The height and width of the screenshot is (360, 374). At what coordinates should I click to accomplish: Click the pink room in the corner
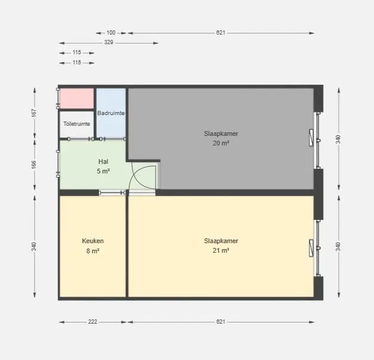click(x=76, y=98)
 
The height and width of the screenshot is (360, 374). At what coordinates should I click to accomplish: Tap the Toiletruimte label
click(x=76, y=124)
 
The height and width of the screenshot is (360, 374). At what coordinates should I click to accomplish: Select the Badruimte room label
click(x=111, y=113)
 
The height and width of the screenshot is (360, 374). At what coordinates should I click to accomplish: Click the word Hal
click(x=103, y=162)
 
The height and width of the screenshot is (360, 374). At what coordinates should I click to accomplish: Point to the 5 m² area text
click(x=103, y=171)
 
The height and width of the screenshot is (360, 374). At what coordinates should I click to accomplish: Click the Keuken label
click(x=93, y=241)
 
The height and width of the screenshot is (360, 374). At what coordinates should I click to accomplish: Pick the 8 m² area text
click(x=93, y=251)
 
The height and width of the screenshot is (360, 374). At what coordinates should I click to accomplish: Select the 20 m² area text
click(x=221, y=143)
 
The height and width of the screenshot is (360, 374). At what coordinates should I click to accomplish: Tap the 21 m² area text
click(x=221, y=250)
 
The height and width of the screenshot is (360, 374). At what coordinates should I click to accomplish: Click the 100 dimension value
click(x=111, y=32)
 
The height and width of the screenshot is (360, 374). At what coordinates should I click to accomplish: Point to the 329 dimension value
click(x=109, y=42)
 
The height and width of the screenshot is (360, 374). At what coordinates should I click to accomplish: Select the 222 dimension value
click(x=92, y=322)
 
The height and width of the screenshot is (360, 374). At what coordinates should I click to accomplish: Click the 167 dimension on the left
click(x=34, y=113)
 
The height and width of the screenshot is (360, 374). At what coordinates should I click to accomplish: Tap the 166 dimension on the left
click(x=34, y=165)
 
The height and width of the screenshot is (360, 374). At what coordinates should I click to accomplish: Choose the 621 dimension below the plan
click(x=221, y=322)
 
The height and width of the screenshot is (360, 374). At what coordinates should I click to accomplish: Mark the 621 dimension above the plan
click(x=221, y=32)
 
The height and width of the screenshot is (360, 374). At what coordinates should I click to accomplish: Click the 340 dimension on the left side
click(x=34, y=247)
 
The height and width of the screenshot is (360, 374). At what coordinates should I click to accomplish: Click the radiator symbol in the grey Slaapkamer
click(x=311, y=138)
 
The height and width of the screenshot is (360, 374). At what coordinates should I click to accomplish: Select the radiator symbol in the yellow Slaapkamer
click(x=311, y=248)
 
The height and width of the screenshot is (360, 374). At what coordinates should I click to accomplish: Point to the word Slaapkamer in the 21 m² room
click(x=221, y=241)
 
